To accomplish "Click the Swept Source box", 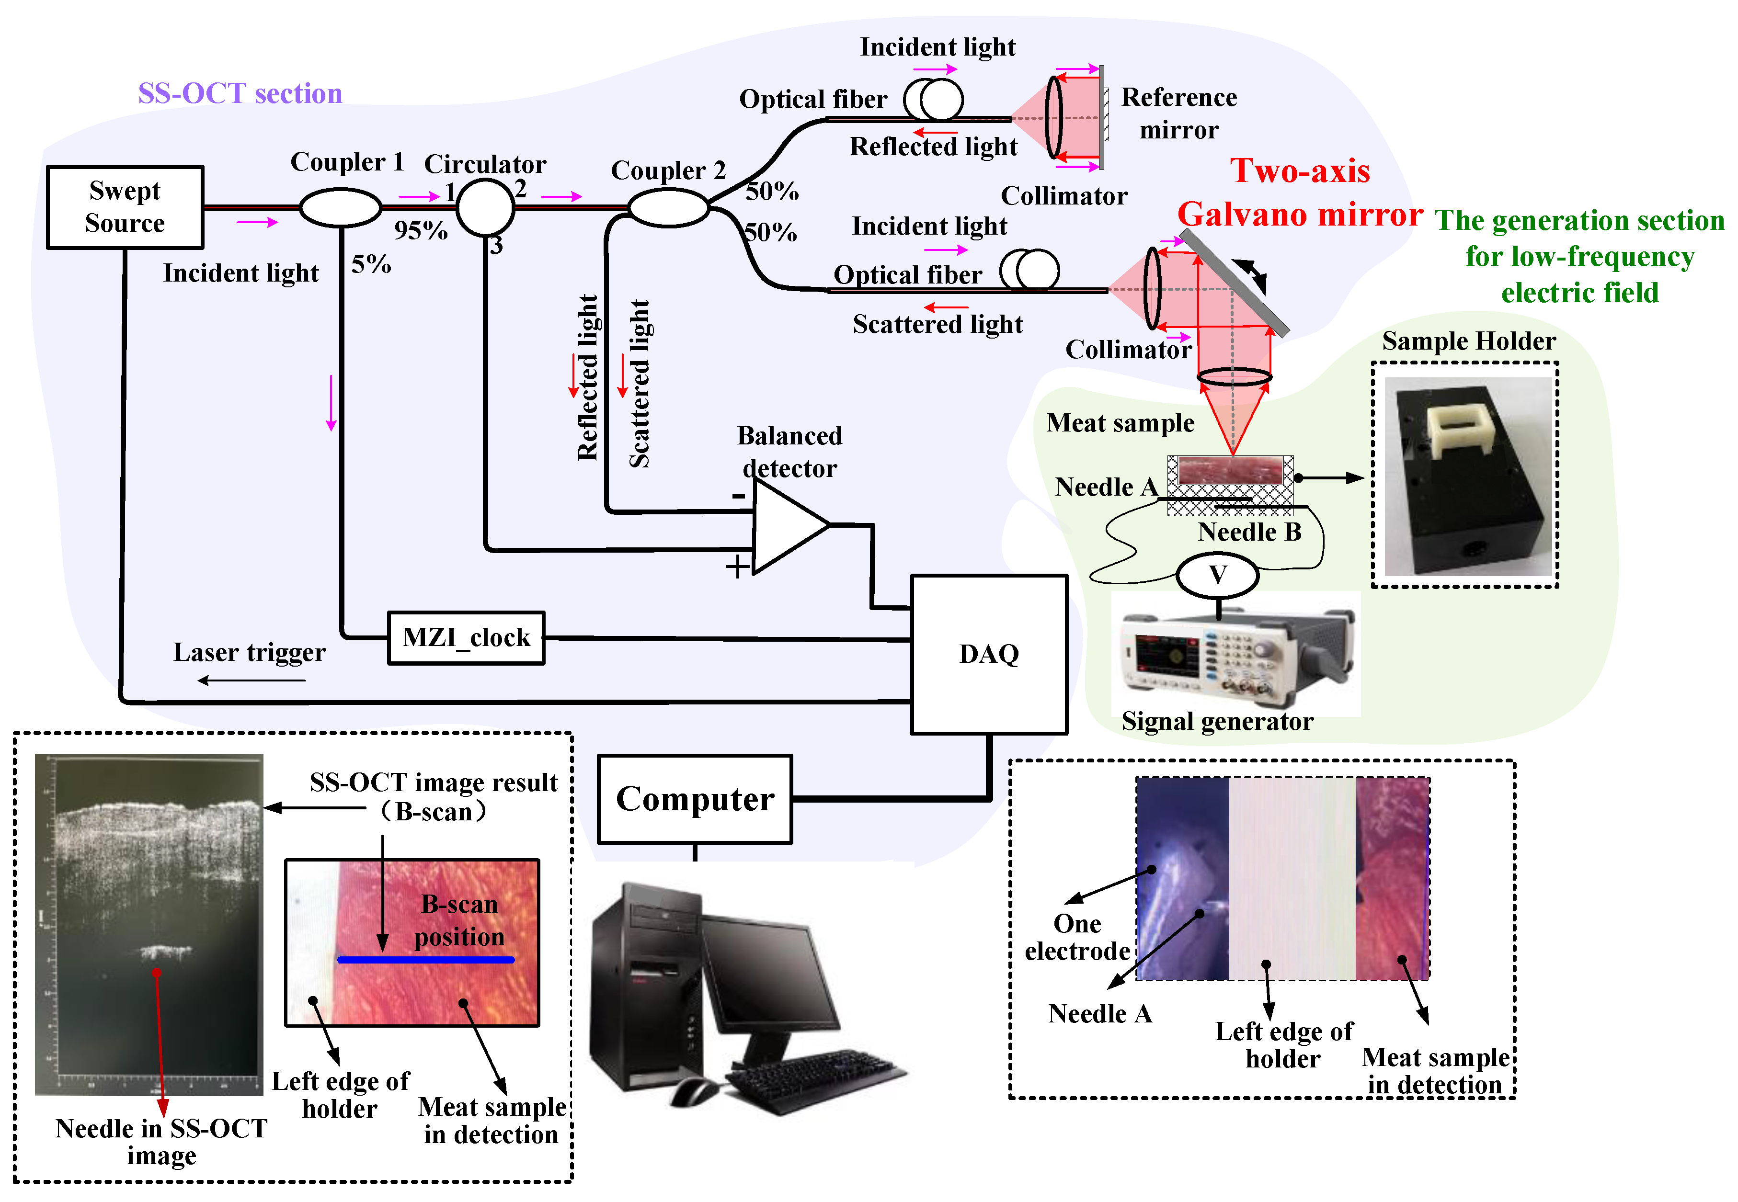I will [125, 207].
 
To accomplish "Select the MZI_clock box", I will [466, 638].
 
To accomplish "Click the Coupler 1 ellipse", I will [341, 207].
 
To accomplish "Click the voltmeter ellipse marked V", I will [1217, 576].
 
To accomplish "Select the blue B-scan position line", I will [426, 960].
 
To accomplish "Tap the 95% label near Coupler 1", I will [421, 230].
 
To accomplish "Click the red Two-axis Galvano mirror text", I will [1300, 193].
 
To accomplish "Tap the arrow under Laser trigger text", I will [251, 680].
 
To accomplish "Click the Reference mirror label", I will [1178, 113].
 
